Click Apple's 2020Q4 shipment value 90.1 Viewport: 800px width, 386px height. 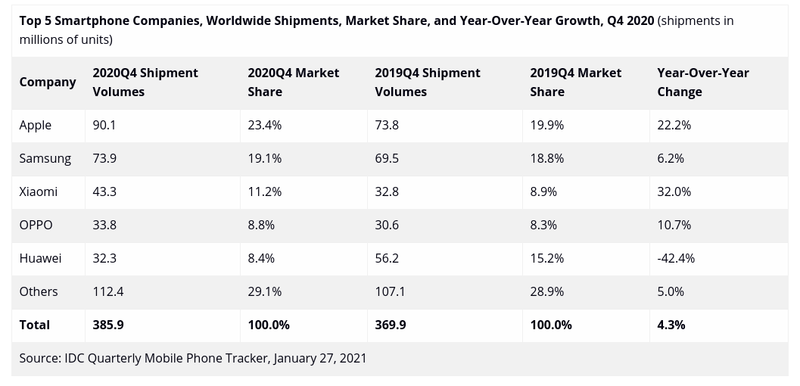(x=104, y=125)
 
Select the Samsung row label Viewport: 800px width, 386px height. (x=45, y=158)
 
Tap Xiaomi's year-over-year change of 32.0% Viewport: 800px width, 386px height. (x=674, y=191)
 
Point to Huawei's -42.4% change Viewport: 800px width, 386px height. (x=676, y=258)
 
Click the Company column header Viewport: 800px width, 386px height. (x=48, y=82)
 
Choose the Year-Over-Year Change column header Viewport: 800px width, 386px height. (x=703, y=82)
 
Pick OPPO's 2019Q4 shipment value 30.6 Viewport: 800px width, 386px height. (x=387, y=225)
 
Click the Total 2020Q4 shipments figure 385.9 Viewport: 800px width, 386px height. (x=108, y=325)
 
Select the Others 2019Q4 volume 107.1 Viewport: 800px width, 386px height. (x=391, y=291)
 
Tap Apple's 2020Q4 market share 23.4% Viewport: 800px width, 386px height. (x=265, y=125)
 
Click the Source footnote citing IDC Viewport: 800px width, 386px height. (x=193, y=358)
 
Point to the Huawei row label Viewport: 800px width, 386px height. (x=41, y=258)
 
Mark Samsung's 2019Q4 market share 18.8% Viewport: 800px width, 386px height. (x=546, y=158)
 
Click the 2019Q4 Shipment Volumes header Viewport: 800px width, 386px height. (x=428, y=82)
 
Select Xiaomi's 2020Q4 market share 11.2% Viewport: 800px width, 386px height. (x=265, y=191)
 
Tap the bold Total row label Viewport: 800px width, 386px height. (x=35, y=325)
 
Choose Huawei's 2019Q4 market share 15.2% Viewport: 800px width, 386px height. (x=546, y=258)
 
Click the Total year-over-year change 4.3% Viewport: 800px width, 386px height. (x=671, y=325)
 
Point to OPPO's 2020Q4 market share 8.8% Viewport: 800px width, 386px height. (x=261, y=225)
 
